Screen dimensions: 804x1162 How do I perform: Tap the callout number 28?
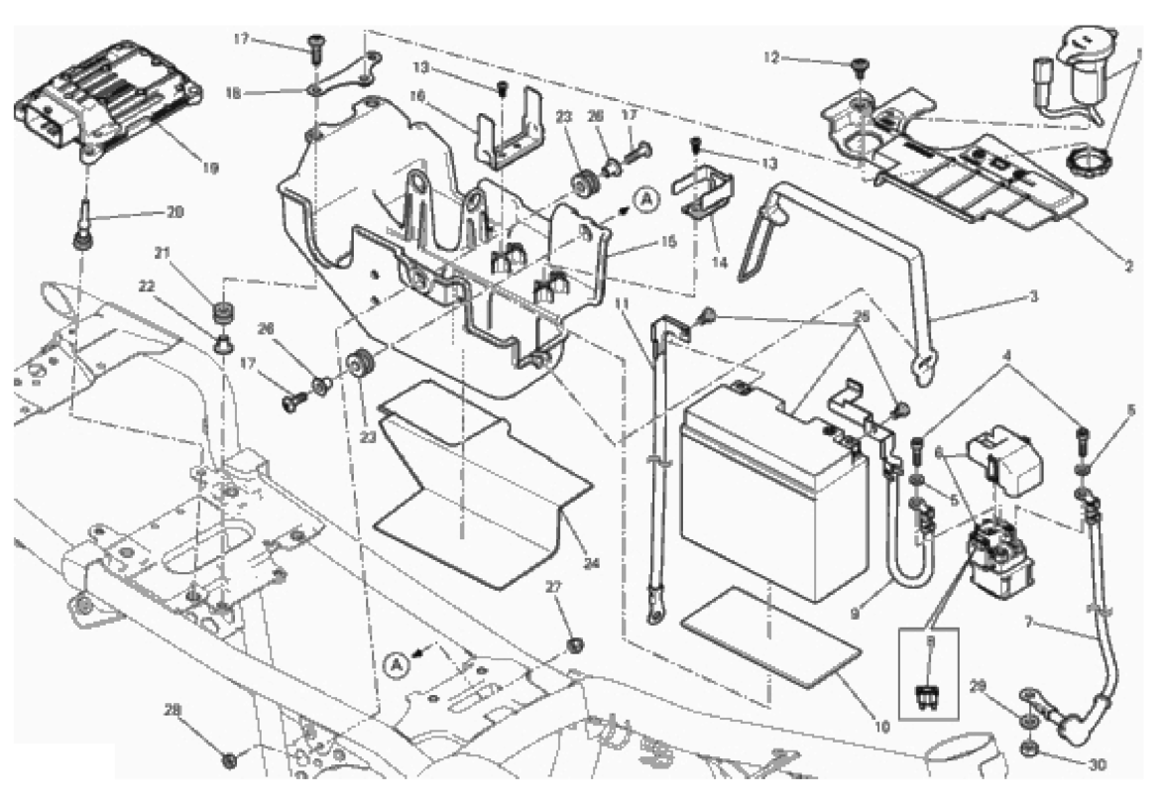tap(174, 709)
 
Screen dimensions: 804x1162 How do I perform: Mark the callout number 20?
tap(175, 212)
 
